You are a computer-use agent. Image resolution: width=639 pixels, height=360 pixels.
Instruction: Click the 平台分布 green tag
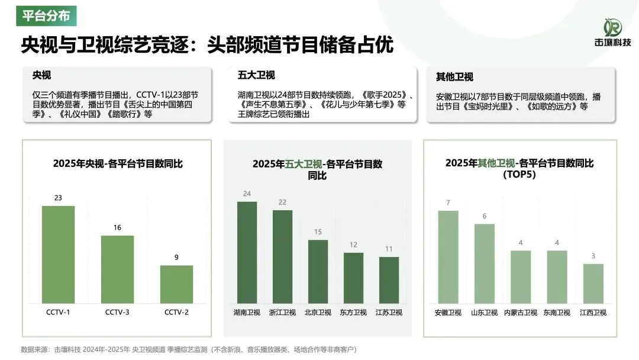click(x=46, y=15)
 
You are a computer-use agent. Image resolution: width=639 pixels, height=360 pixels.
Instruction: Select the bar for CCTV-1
click(x=58, y=254)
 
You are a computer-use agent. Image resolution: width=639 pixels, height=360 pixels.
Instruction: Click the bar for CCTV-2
click(x=176, y=284)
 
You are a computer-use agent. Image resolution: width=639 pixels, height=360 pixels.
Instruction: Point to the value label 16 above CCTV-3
click(x=117, y=227)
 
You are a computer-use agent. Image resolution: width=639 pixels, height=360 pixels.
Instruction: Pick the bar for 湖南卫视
click(x=247, y=252)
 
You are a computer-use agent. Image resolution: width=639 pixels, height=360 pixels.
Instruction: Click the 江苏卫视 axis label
click(x=389, y=312)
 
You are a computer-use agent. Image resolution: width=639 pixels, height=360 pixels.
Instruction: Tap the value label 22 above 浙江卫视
click(x=282, y=202)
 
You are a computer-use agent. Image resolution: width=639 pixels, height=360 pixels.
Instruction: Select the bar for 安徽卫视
click(x=448, y=257)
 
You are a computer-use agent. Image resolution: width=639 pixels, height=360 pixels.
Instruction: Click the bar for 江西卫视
click(x=593, y=283)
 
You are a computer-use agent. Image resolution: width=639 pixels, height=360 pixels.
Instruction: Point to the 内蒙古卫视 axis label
click(x=520, y=312)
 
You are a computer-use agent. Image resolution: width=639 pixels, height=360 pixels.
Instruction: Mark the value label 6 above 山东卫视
click(x=484, y=216)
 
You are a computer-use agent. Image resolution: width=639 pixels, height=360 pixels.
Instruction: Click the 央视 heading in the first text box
click(x=41, y=76)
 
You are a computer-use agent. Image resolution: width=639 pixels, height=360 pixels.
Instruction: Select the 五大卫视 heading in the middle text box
click(x=256, y=75)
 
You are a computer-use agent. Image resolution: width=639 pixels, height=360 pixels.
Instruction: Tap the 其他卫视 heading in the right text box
click(x=454, y=76)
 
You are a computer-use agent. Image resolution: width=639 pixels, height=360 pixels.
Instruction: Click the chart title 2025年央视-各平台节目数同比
click(x=118, y=163)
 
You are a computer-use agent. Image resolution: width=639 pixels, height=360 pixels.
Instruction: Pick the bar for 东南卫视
click(x=557, y=277)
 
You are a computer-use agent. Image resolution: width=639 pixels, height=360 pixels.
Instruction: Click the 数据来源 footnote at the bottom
click(x=189, y=349)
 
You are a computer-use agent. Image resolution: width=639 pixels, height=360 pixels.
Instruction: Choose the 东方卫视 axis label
click(x=353, y=312)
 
